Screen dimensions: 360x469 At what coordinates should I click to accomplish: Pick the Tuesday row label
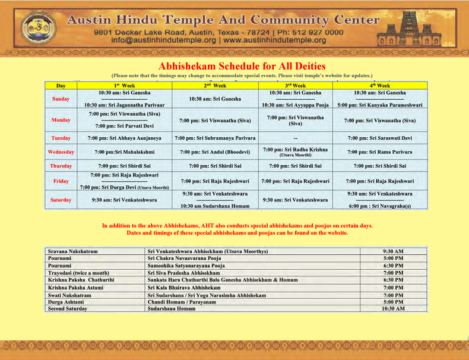click(x=61, y=138)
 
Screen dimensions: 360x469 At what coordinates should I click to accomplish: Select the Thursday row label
click(x=61, y=166)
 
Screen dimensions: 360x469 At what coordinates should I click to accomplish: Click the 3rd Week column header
click(x=295, y=86)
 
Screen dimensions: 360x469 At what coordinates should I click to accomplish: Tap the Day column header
click(x=61, y=86)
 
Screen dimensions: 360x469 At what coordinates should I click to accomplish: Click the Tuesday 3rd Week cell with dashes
click(x=295, y=138)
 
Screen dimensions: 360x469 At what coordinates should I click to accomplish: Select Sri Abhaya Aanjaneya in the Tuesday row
click(x=124, y=138)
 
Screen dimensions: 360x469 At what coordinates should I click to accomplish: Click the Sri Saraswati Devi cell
click(x=380, y=138)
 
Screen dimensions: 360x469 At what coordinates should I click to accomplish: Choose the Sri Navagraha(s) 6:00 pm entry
click(x=380, y=206)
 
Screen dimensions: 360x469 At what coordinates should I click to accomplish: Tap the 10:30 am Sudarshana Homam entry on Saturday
click(x=215, y=206)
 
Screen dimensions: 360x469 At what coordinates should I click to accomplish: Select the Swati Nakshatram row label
click(x=69, y=295)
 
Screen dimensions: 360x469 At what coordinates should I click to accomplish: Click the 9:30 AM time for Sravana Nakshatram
click(x=393, y=252)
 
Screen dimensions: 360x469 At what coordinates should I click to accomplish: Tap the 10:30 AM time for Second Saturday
click(x=393, y=309)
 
